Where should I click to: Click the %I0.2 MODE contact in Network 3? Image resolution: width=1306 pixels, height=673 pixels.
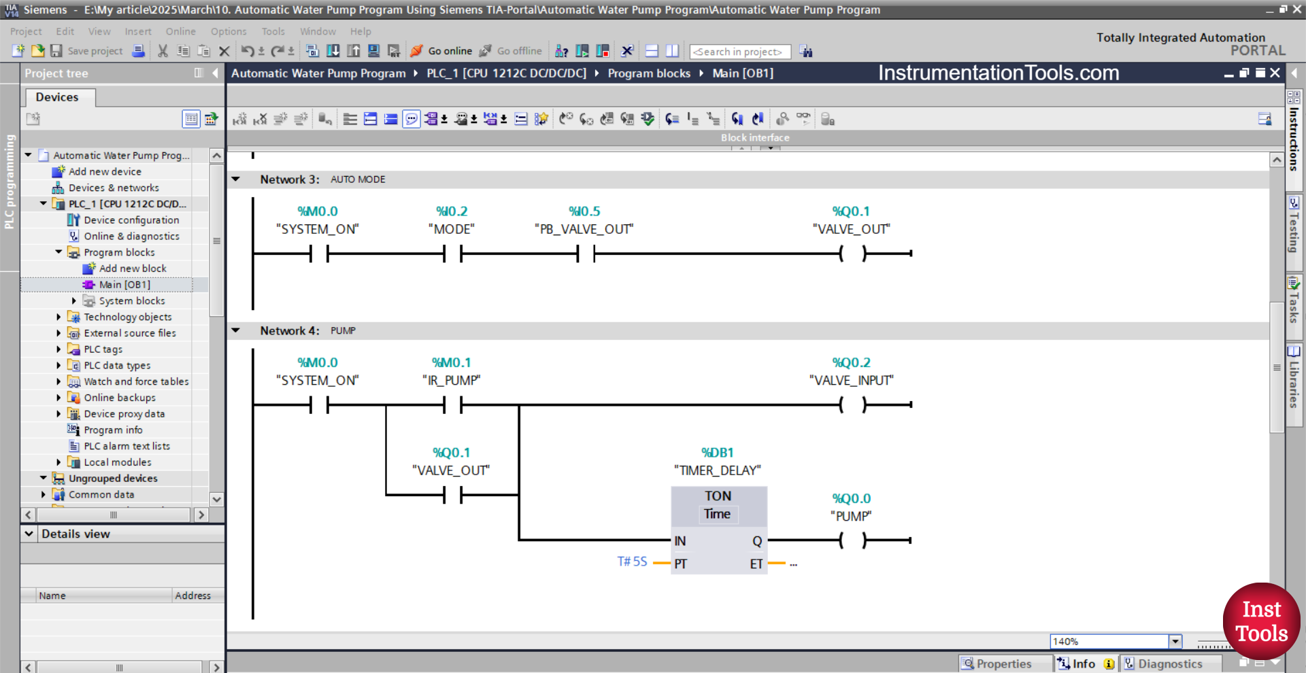coord(452,254)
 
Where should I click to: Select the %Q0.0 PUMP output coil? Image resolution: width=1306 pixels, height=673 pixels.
coord(852,540)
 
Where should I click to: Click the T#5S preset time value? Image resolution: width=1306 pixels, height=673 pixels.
coord(632,562)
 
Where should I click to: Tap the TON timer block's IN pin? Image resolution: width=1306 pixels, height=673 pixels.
coord(680,541)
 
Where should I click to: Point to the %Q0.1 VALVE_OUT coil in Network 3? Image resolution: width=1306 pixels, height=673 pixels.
coord(852,254)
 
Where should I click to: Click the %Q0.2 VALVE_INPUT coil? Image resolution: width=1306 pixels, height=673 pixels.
coord(852,405)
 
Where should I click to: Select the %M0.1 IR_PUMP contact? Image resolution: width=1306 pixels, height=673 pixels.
coord(452,405)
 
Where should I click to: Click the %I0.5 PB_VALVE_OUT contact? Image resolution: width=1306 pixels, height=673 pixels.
coord(585,254)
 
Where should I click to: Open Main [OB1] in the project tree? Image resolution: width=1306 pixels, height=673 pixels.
coord(124,285)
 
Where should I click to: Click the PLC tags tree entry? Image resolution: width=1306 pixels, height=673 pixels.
coord(103,349)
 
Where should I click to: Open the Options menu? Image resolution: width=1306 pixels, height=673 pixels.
coord(229,31)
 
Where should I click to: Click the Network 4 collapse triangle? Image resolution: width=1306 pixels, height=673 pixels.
coord(236,330)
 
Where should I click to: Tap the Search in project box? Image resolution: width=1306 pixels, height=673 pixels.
coord(739,52)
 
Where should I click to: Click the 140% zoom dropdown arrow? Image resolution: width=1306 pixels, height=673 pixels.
coord(1175,641)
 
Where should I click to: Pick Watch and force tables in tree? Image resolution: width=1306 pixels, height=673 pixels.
coord(136,381)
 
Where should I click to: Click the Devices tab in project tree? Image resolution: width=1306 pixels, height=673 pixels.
coord(57,97)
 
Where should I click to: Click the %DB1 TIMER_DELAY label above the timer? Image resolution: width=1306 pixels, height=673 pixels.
coord(718,462)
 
